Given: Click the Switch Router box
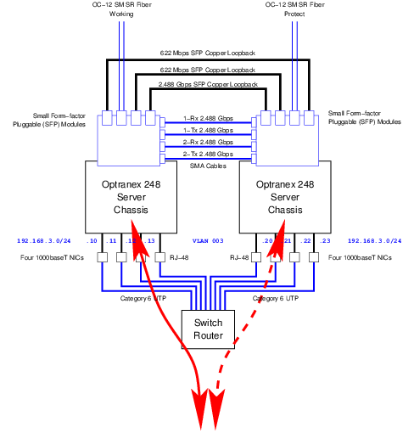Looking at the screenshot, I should (x=208, y=329).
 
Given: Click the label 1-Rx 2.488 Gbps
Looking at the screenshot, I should (x=208, y=119).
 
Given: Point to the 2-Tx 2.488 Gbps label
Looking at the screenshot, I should (x=208, y=155).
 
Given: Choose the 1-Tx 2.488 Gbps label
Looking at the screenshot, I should (x=208, y=131).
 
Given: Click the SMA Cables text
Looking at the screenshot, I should (x=208, y=166).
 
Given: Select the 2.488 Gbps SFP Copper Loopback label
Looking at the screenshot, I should (x=207, y=86).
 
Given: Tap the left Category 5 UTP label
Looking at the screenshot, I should (x=143, y=298).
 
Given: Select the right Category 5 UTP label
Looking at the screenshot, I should (x=275, y=298).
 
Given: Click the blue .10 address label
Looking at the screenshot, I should (x=91, y=241).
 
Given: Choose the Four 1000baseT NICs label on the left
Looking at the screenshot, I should (x=52, y=256).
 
